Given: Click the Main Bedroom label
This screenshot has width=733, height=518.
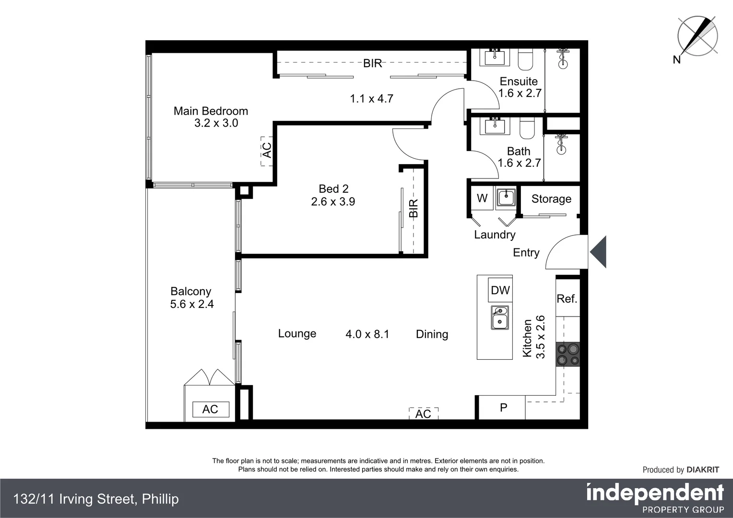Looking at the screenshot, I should coord(211,111).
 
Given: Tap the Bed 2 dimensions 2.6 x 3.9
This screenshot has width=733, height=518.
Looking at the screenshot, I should coord(333,201).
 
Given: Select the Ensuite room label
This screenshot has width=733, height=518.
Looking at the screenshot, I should coord(519,81).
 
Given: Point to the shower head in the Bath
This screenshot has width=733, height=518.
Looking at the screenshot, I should coord(562,144).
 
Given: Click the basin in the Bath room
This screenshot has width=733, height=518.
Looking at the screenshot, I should coord(494,127).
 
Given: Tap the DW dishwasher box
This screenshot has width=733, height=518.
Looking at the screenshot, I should coord(500,290).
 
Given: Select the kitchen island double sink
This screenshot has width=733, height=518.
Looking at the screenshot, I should coord(499,318).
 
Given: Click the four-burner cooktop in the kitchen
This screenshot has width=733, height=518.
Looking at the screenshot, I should coord(567,354).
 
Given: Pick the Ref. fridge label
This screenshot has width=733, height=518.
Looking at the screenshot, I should coord(567,299).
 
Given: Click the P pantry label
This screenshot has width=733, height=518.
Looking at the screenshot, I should coord(503,408).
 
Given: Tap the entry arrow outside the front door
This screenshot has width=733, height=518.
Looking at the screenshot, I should coord(598,252).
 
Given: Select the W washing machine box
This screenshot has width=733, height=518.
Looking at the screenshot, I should coord(482,198).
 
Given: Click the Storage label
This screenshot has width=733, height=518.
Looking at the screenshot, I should coord(551,199).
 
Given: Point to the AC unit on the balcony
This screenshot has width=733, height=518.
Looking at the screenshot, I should coord(210,409).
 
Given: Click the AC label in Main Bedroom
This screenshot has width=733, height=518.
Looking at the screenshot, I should coord(267,150).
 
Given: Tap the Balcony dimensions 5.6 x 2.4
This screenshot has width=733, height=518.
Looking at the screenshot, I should coord(192,304).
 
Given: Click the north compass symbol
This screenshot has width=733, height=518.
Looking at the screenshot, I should coord(697,36).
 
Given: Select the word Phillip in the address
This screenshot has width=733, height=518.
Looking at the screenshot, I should coord(160,499).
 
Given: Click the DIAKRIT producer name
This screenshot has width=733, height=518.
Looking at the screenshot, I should coord(703,470).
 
